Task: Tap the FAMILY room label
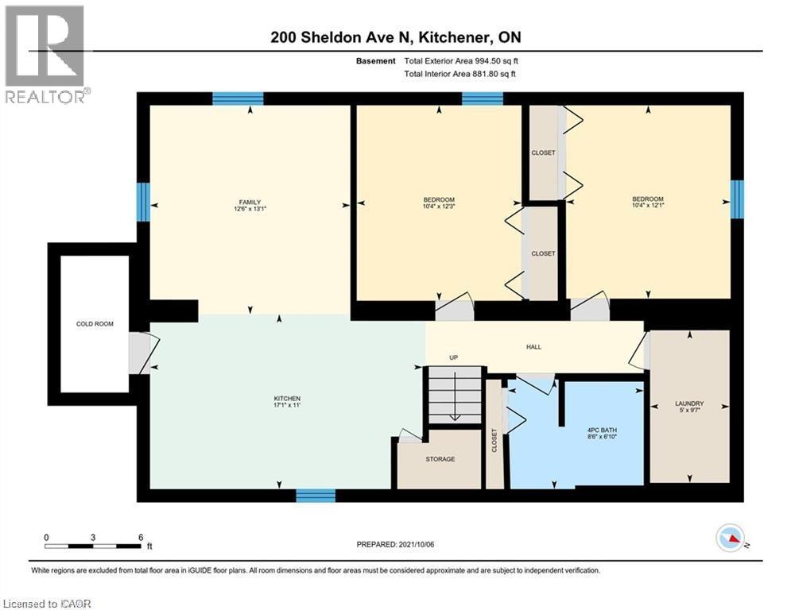pos(250,203)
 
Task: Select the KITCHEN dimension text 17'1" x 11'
pos(287,406)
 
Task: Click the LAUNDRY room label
pos(690,403)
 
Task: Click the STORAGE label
pos(440,459)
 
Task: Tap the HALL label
pos(534,346)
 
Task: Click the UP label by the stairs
pos(454,357)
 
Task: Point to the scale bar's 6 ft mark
pos(141,537)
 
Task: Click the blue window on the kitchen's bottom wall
pos(316,496)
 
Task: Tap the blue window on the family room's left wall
pos(143,202)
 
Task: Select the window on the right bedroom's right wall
pos(737,198)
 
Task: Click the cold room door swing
pos(145,353)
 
